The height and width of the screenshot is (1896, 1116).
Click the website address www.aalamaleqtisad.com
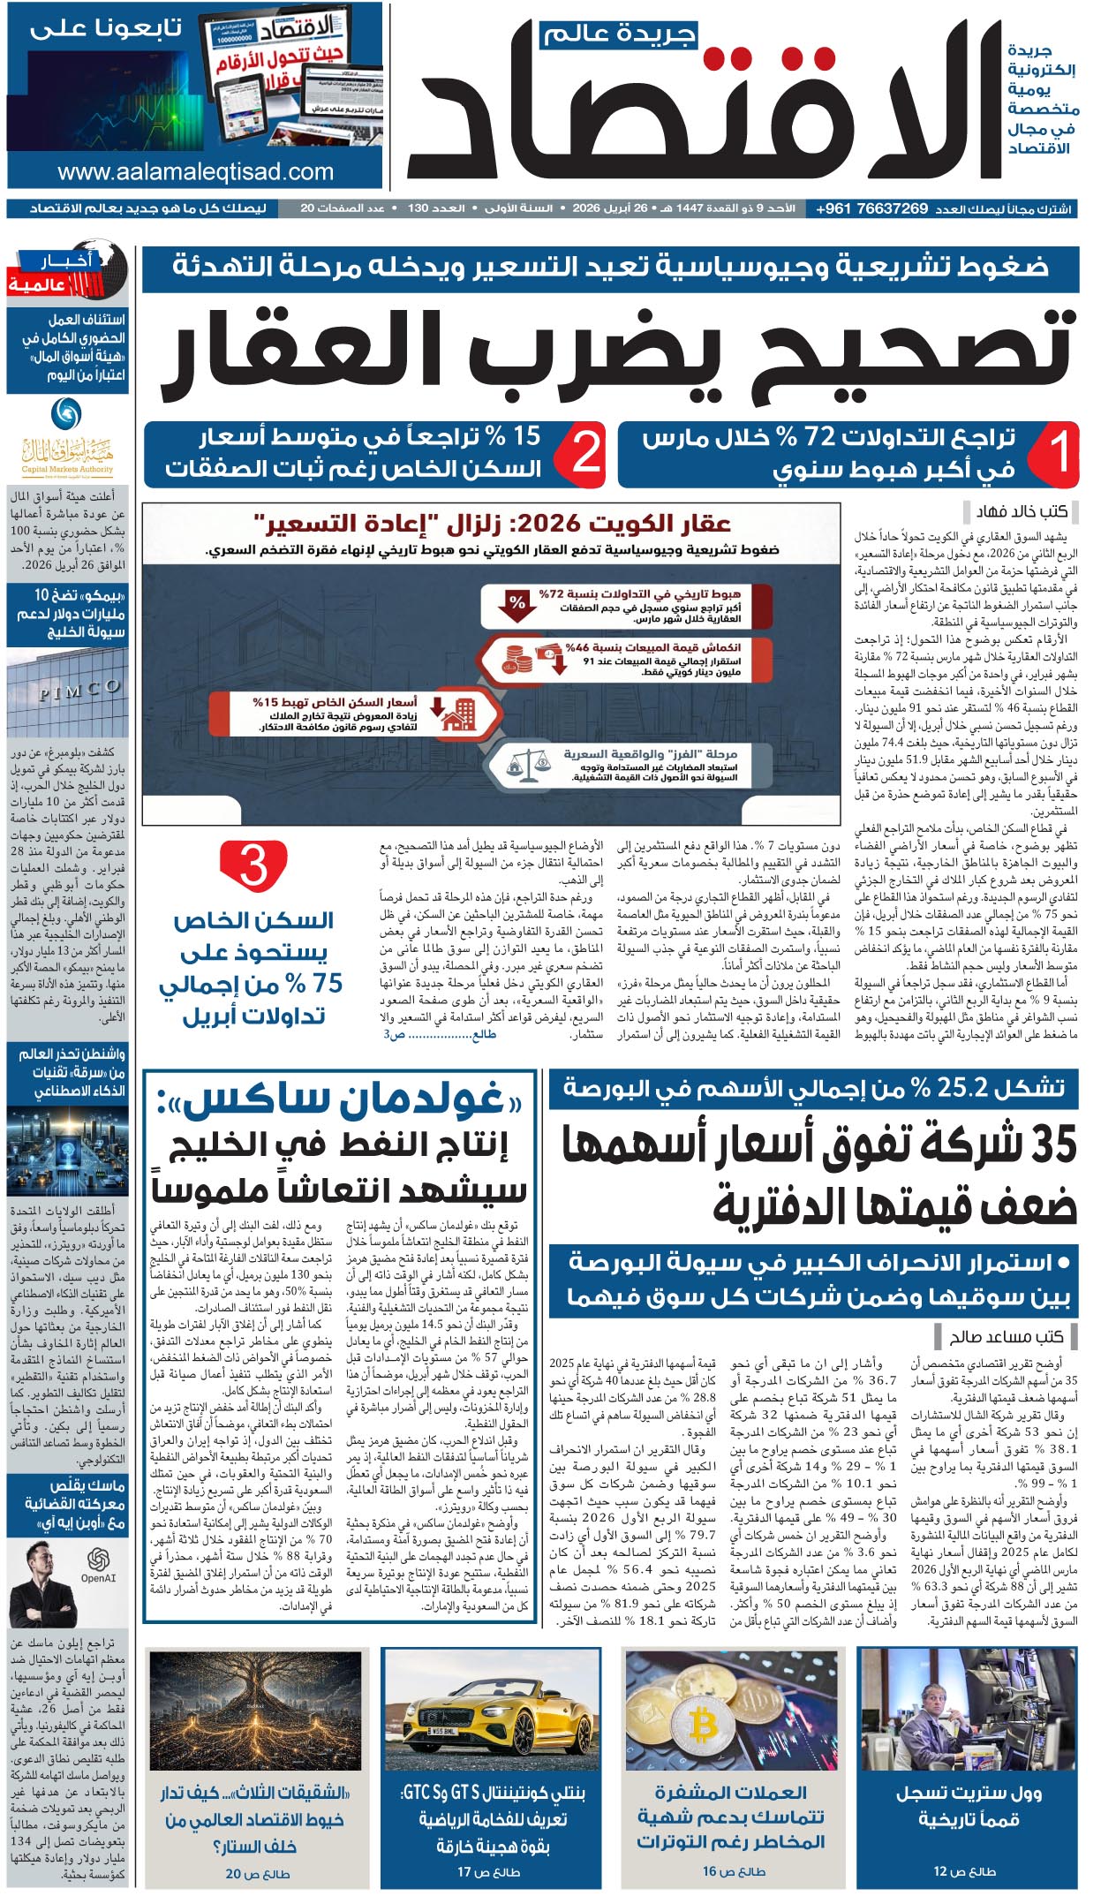click(195, 172)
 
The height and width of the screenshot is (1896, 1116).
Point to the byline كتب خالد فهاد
click(1022, 511)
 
